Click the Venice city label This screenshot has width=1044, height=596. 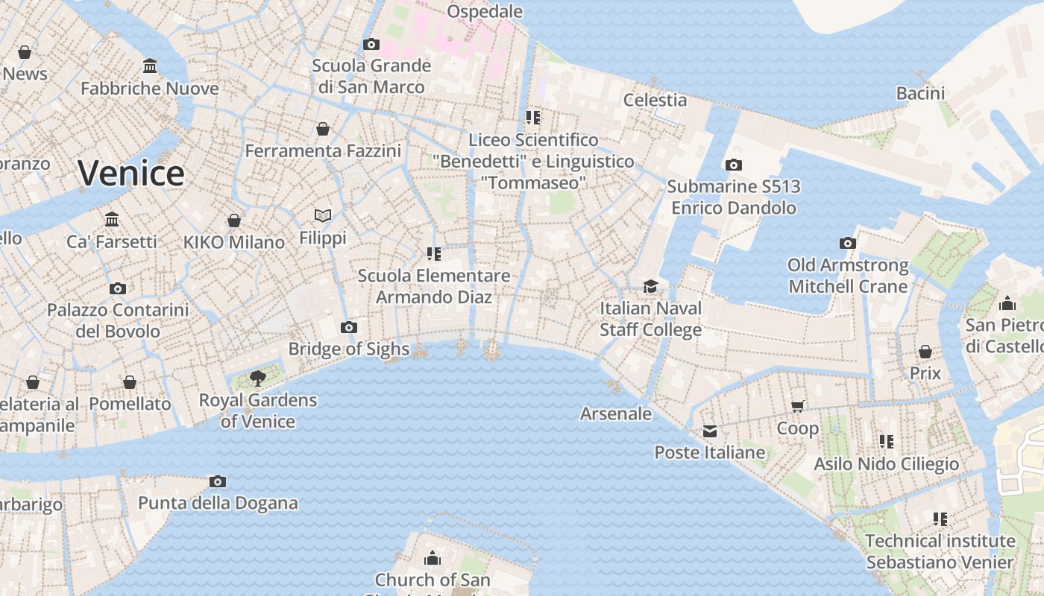point(131,173)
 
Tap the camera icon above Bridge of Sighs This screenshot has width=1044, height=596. point(348,327)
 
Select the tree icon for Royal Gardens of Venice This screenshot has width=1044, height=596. point(258,378)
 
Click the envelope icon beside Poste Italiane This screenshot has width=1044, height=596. point(709,431)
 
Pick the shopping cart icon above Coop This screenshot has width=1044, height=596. point(798,406)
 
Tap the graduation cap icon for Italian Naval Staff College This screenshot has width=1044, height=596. point(651,286)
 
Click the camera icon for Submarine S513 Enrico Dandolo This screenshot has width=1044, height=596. point(733,165)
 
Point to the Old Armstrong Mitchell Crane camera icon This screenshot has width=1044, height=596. point(847,243)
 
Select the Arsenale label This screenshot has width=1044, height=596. point(616,413)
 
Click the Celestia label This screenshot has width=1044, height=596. point(655,99)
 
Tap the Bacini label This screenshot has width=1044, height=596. point(920,93)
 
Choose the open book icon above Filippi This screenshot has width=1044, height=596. point(323,215)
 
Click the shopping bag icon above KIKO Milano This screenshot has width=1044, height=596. point(234,221)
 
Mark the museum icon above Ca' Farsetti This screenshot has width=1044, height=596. point(112,219)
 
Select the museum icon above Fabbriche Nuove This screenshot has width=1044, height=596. point(150,66)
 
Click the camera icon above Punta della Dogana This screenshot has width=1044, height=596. point(218,481)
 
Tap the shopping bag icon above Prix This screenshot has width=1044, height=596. point(925,351)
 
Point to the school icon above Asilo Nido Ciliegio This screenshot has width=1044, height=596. point(886,442)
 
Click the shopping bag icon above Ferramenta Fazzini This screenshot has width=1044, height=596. point(323,129)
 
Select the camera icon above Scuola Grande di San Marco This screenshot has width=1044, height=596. point(371,44)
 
